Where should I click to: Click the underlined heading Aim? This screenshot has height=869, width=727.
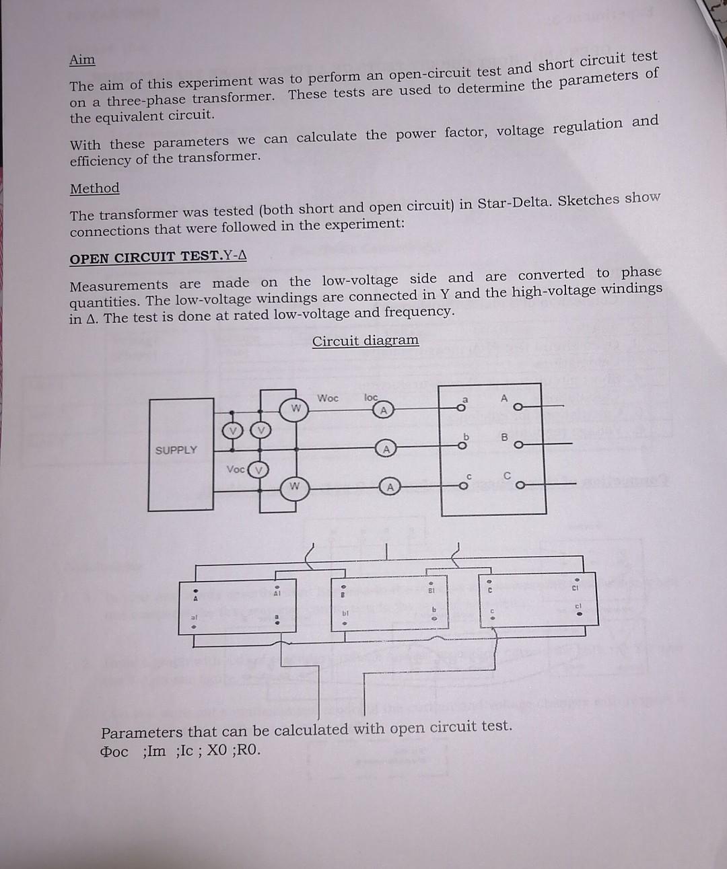pos(82,60)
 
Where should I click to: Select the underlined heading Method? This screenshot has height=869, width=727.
pos(94,188)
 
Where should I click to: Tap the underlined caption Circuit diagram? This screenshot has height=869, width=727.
pos(365,340)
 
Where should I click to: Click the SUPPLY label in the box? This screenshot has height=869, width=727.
pos(176,450)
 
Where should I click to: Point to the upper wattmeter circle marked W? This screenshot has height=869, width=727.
pos(295,408)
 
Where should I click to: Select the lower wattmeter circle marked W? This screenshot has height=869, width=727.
pos(295,486)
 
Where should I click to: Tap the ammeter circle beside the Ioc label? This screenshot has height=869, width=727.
pos(384,410)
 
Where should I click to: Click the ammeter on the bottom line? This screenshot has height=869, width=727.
pos(388,487)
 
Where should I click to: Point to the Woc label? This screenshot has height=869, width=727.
pos(328,398)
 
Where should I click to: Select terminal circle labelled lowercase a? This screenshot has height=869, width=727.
pos(462,407)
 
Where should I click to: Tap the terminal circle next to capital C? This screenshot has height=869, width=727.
pos(518,483)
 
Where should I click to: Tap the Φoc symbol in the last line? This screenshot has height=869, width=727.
pos(114,751)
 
